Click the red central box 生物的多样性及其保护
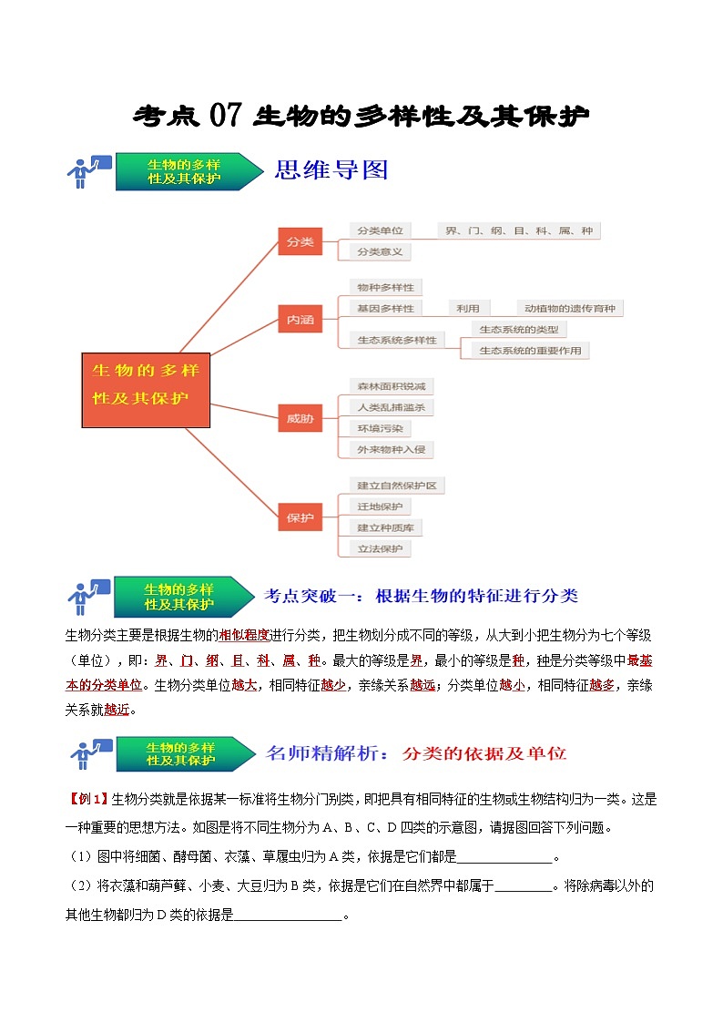146,390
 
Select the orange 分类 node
300,241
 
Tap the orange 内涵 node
300,320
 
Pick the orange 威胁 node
300,418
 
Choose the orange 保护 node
300,517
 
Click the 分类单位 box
380,231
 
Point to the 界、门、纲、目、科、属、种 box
519,231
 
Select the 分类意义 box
380,251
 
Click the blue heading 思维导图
331,170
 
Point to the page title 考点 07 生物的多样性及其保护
361,116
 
